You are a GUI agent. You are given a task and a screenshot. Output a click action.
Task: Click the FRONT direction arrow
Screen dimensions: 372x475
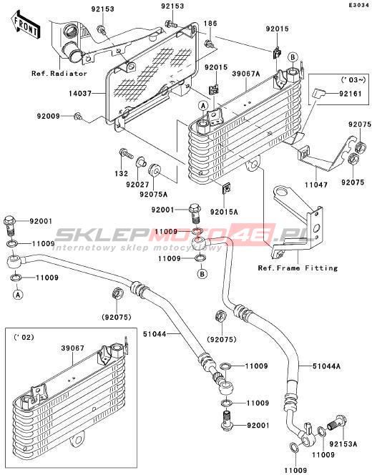[x=26, y=24]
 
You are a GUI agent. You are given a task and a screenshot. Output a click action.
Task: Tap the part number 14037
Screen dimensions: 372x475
[x=80, y=94]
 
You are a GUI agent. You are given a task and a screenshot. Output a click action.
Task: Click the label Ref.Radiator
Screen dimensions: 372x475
[x=59, y=73]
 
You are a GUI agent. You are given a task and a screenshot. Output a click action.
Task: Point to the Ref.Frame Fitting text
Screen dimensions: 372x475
[x=298, y=268]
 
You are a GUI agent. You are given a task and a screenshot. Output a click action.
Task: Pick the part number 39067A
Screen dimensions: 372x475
[x=246, y=74]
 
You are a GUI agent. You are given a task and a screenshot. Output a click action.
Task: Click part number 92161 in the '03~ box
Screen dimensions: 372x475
[x=351, y=94]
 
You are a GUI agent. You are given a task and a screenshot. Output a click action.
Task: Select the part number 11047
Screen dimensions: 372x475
[x=316, y=184]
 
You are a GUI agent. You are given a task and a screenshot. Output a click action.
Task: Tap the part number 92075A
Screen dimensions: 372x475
[x=153, y=194]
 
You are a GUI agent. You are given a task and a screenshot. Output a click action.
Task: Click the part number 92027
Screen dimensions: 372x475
[x=137, y=184]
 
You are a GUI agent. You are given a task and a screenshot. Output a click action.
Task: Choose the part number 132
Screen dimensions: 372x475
[x=121, y=174]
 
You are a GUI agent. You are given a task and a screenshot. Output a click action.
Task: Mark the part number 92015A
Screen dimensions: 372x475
[x=224, y=212]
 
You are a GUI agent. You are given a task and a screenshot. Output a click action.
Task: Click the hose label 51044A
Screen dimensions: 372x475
[x=326, y=366]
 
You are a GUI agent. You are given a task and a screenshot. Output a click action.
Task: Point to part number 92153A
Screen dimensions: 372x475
[x=343, y=444]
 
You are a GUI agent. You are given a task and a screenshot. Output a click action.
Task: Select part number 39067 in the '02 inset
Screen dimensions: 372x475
[x=73, y=348]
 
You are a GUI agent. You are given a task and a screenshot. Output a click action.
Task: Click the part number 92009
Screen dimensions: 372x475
[x=49, y=116]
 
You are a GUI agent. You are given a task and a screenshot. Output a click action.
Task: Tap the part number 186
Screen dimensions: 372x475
[x=210, y=24]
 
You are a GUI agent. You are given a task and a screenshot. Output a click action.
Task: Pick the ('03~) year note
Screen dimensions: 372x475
[x=353, y=80]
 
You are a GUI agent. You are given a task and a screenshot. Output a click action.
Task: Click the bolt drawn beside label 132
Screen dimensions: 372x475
[x=127, y=153]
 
